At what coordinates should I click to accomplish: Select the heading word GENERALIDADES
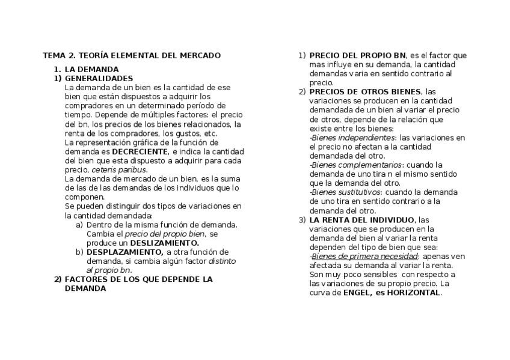99,78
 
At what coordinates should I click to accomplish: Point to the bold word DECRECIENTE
140,151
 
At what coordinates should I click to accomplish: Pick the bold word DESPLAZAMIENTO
124,252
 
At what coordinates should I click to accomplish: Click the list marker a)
79,225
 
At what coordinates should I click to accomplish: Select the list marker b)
79,252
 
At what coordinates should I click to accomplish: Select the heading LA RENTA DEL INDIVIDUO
361,220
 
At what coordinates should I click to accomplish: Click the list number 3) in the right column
302,220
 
